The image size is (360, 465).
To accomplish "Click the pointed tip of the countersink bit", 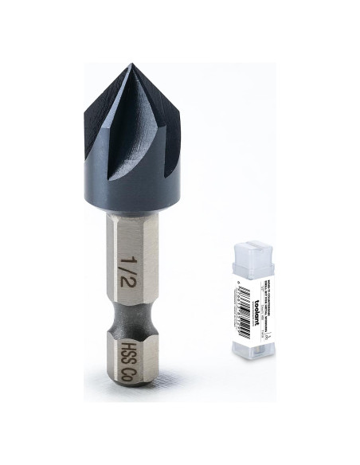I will pyautogui.click(x=128, y=66).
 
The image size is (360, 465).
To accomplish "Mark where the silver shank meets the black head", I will pyautogui.click(x=131, y=213).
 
